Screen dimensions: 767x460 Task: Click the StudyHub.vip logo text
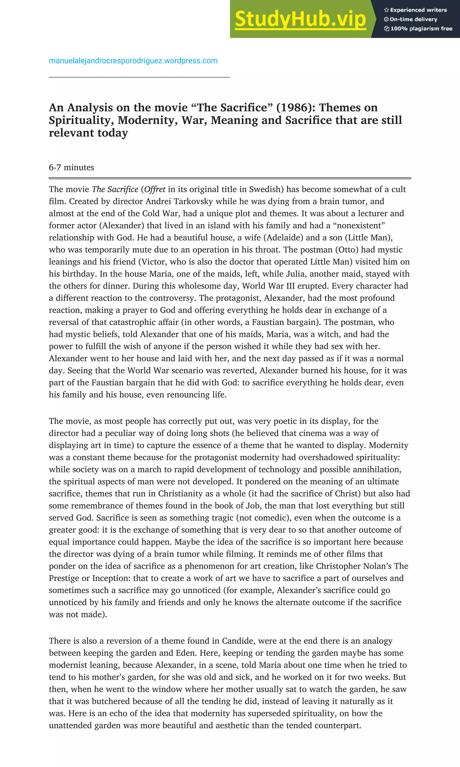300,19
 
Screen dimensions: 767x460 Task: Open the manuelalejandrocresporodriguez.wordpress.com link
133,61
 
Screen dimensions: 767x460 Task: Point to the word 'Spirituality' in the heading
81,120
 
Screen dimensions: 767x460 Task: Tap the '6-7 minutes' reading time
71,167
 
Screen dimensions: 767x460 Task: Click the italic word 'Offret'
155,189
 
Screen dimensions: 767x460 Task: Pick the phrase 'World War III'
269,286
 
